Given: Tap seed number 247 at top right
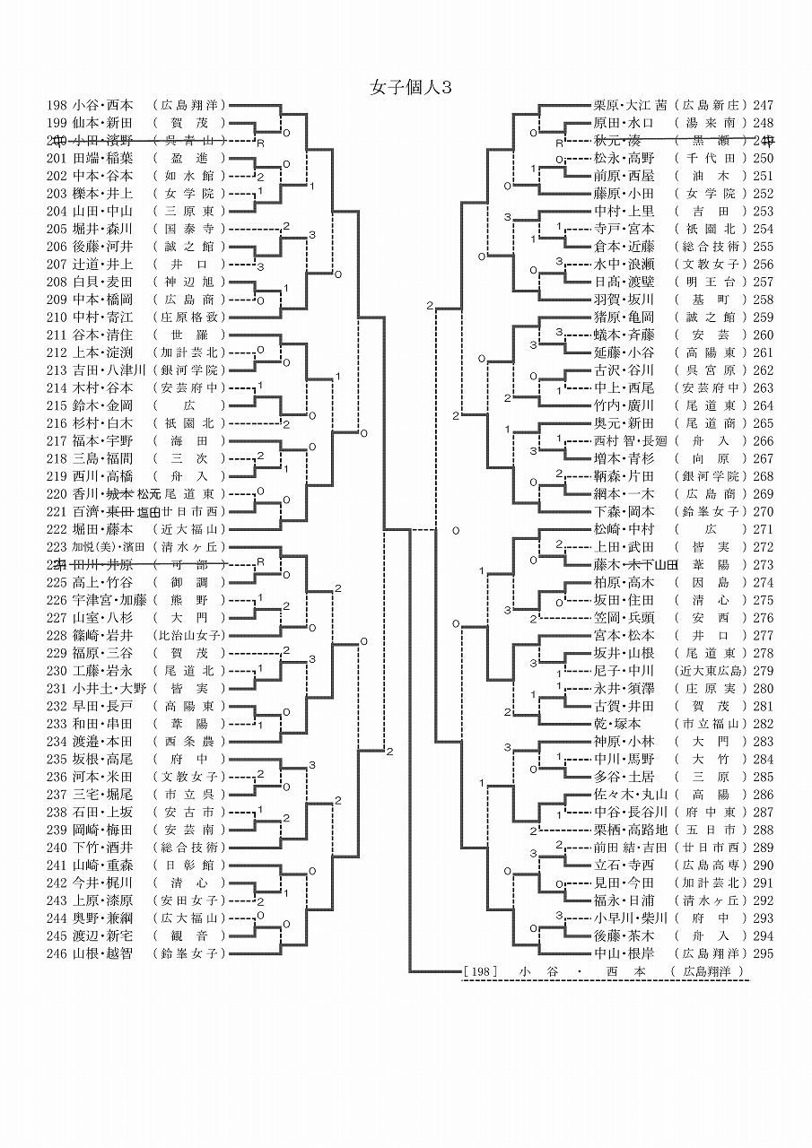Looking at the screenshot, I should (x=764, y=104).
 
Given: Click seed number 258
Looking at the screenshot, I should (x=764, y=299).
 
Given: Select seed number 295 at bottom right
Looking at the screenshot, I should (x=764, y=953).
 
